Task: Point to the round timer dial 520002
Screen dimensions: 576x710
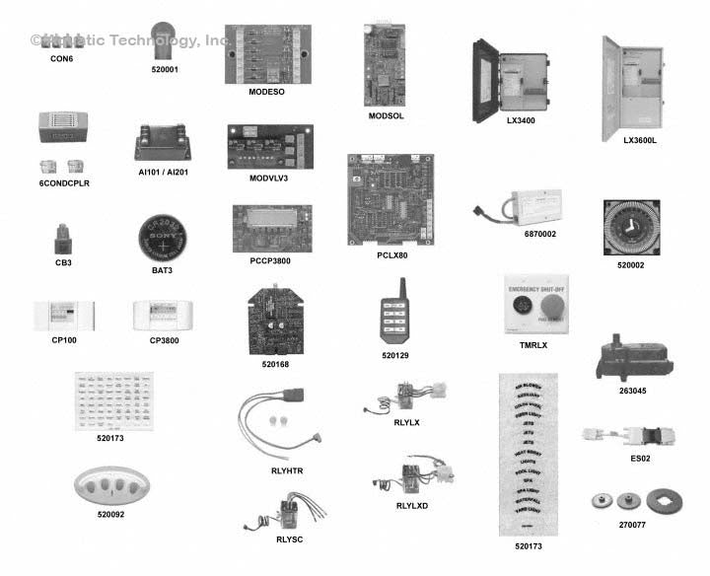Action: click(630, 230)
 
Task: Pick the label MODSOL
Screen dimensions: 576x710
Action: click(387, 116)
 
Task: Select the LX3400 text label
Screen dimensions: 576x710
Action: click(521, 121)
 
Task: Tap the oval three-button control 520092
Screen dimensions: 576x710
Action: click(116, 485)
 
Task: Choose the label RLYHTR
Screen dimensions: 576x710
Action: click(287, 471)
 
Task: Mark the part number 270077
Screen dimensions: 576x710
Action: click(633, 526)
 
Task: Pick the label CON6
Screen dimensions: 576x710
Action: click(61, 59)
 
